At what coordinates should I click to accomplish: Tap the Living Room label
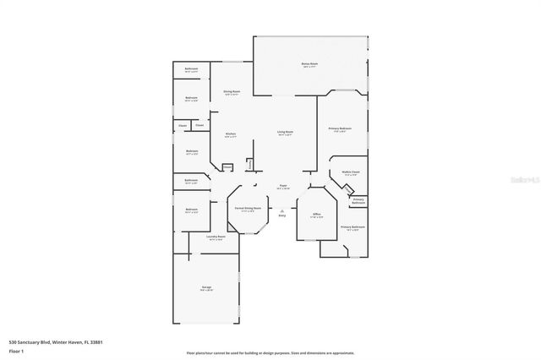(285, 133)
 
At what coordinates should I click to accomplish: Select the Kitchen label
(230, 134)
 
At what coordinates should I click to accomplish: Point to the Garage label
(206, 287)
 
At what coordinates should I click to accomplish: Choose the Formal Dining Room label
(247, 210)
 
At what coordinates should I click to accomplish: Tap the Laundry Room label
(216, 237)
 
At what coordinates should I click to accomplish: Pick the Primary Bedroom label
(340, 128)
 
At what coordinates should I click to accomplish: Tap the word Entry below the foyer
(282, 215)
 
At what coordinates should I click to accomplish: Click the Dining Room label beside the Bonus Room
(232, 91)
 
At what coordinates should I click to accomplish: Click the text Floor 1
(16, 351)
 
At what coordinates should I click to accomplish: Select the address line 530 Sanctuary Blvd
(61, 341)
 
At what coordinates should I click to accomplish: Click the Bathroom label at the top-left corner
(192, 69)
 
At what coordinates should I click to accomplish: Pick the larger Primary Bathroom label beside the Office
(352, 227)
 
